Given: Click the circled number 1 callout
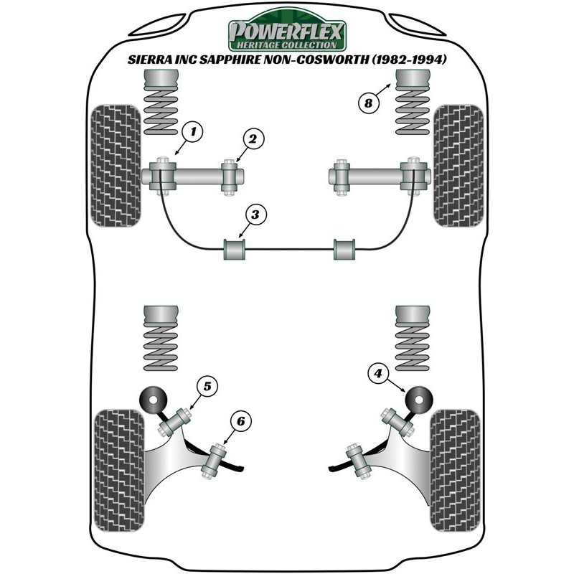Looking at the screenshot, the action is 192,131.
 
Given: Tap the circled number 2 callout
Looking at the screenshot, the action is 253,138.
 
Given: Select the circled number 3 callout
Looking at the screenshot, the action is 255,215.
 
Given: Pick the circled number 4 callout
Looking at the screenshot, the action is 378,373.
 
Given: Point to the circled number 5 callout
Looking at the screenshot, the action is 207,386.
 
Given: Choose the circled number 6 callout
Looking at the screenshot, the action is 241,421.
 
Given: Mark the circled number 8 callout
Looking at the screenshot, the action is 369,103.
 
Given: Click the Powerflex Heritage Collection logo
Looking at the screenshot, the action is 287,31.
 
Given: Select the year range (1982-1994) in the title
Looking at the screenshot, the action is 409,60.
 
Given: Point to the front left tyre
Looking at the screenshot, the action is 116,166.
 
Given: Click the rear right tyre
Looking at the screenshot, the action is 456,471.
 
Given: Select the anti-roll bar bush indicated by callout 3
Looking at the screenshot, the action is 235,249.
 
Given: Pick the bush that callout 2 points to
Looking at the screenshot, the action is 230,177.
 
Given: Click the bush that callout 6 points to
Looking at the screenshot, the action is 213,460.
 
